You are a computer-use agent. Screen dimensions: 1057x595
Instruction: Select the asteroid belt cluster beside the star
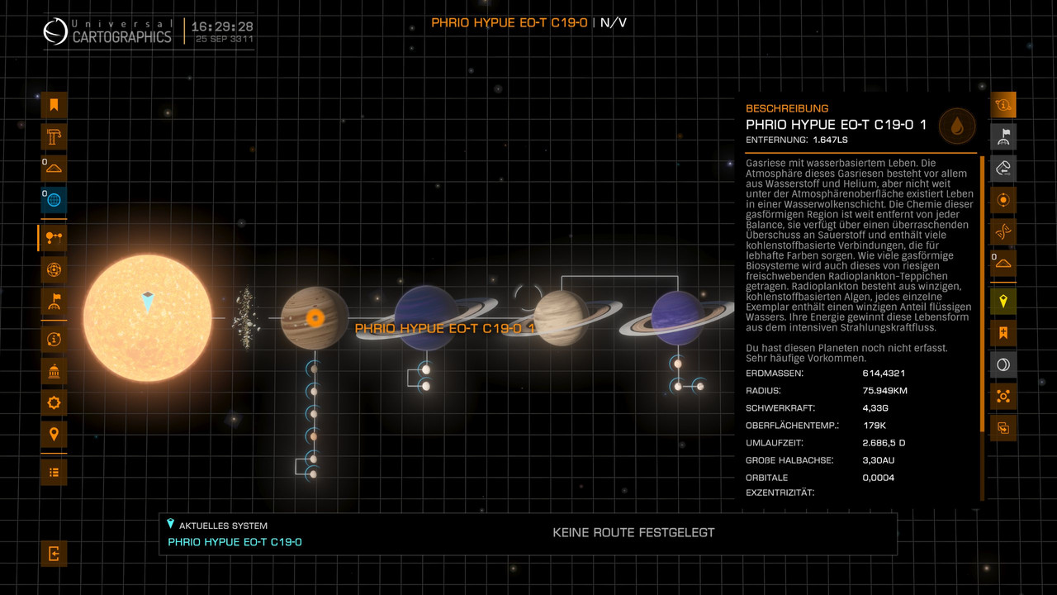tap(245, 318)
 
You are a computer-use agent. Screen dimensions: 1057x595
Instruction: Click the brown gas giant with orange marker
tap(314, 318)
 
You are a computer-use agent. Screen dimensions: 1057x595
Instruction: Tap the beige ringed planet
tap(561, 318)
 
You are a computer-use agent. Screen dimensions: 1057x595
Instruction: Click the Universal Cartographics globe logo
tap(55, 32)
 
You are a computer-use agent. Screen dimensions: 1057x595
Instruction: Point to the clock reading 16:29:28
tap(222, 26)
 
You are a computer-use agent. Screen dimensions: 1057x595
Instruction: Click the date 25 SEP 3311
tap(222, 40)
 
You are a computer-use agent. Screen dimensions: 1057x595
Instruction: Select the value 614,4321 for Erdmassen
tap(884, 374)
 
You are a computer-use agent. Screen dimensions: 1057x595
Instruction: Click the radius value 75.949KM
tap(884, 391)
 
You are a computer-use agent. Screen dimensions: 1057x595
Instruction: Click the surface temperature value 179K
tap(874, 426)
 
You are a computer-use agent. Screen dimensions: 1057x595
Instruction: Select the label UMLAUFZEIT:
tap(773, 443)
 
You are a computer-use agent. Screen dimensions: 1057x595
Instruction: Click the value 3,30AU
tap(879, 460)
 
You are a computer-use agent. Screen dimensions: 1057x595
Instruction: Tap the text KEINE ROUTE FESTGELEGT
tap(633, 533)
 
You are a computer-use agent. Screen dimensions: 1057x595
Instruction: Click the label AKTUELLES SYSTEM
tap(223, 526)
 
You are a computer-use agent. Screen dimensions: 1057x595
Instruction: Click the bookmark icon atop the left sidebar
tap(54, 105)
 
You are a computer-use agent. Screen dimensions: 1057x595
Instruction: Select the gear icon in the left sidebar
tap(54, 403)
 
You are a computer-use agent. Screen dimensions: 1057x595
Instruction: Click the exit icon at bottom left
tap(54, 554)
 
